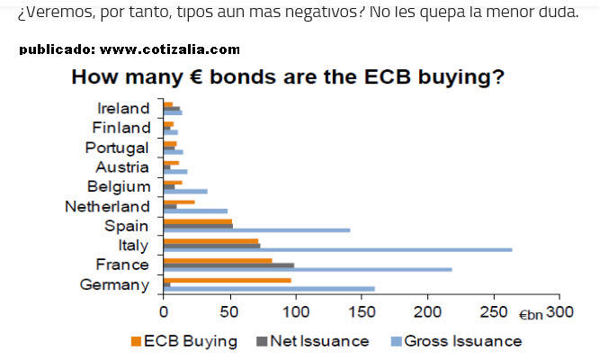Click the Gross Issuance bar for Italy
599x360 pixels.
click(x=337, y=249)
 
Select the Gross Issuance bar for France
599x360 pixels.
click(x=308, y=269)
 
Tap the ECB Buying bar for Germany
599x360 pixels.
click(x=227, y=280)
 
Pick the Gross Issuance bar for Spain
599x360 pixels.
click(x=256, y=229)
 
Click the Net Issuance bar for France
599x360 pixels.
click(x=228, y=265)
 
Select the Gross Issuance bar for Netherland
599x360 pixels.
click(x=195, y=211)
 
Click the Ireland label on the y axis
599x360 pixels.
click(x=122, y=108)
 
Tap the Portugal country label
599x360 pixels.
click(x=117, y=148)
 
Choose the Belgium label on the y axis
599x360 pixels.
click(x=118, y=186)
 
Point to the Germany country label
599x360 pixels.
click(x=113, y=284)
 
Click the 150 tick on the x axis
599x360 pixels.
click(x=361, y=311)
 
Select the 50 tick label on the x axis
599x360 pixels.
click(x=229, y=311)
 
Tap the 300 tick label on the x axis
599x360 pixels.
click(x=559, y=311)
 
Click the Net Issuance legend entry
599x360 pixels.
click(x=313, y=341)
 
